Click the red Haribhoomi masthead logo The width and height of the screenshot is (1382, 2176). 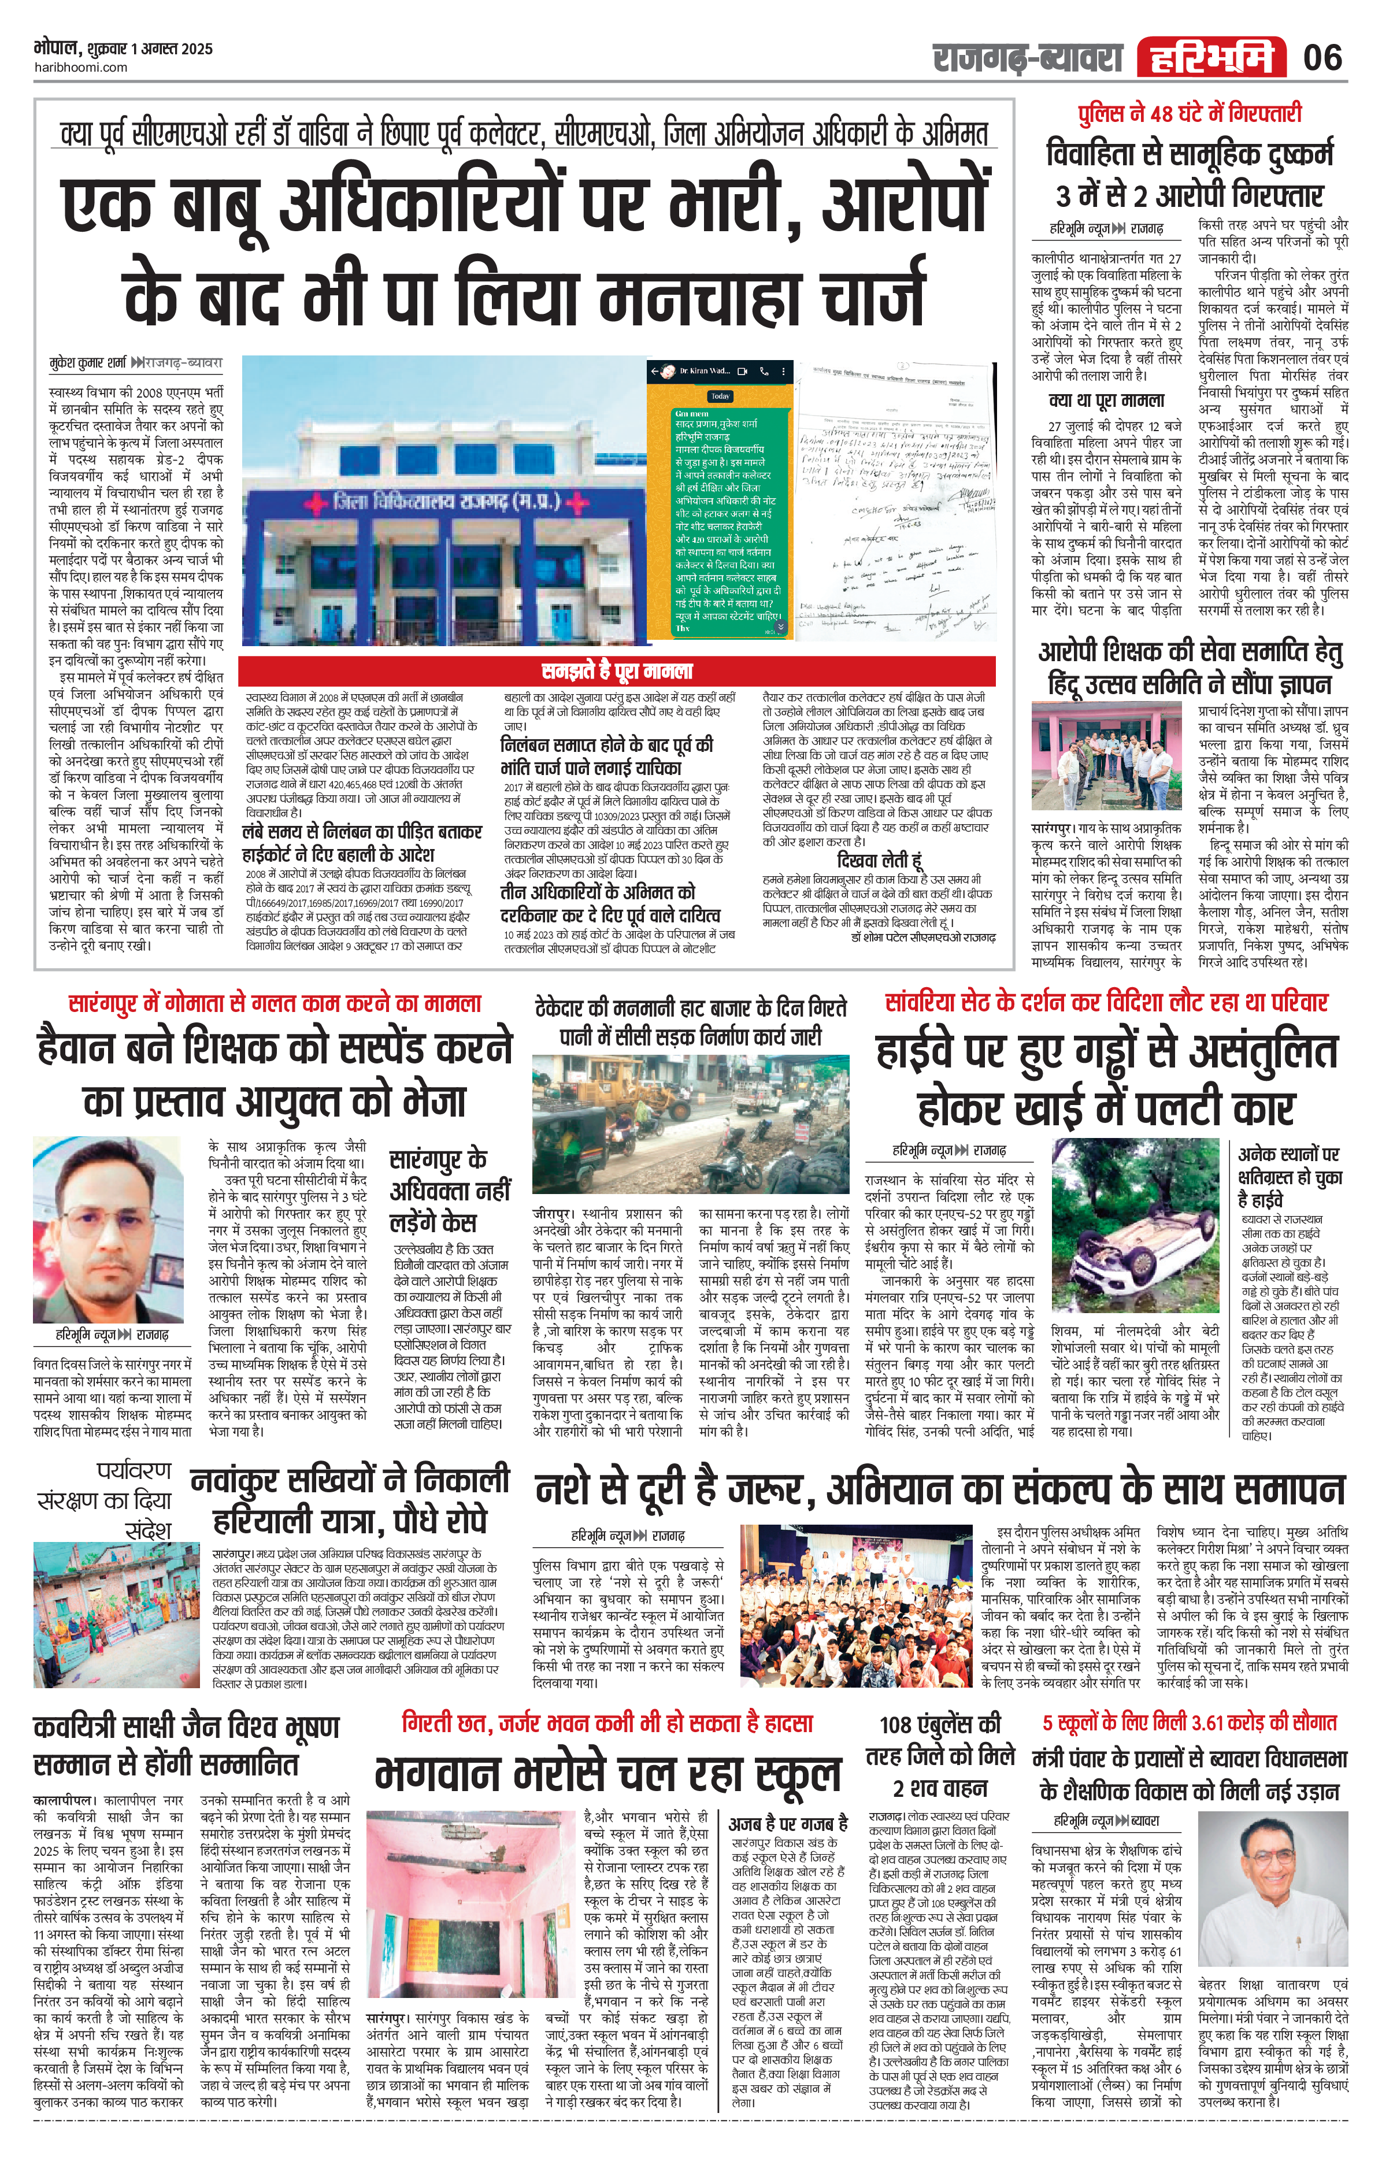click(x=1210, y=58)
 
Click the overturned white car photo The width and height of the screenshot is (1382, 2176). click(x=1136, y=1225)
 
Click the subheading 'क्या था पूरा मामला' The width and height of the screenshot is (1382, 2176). click(x=1106, y=401)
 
